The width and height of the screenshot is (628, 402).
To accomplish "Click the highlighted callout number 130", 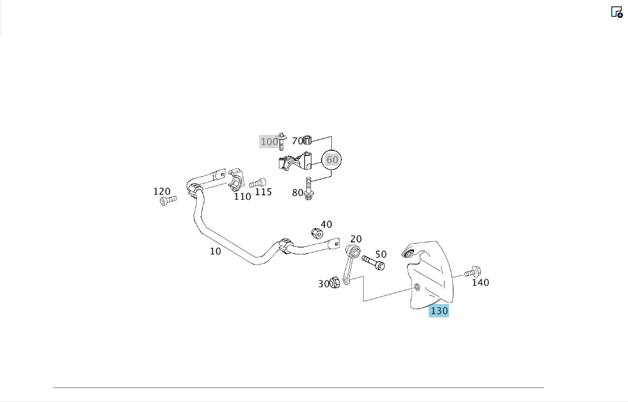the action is tap(439, 311).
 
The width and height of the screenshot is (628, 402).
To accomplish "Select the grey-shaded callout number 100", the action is tap(269, 142).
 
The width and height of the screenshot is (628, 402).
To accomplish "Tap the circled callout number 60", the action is tap(332, 160).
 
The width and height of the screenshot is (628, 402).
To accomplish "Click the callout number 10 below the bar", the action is tap(215, 251).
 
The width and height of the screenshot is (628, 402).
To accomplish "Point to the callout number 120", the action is tap(162, 191).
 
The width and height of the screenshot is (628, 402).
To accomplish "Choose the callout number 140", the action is tap(480, 282).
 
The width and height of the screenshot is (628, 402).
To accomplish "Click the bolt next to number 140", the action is tap(473, 272).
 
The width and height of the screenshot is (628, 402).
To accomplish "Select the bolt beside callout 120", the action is tap(168, 200).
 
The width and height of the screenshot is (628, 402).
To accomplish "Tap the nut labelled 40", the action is tap(317, 233).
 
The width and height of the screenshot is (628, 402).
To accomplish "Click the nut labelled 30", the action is tap(334, 282).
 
